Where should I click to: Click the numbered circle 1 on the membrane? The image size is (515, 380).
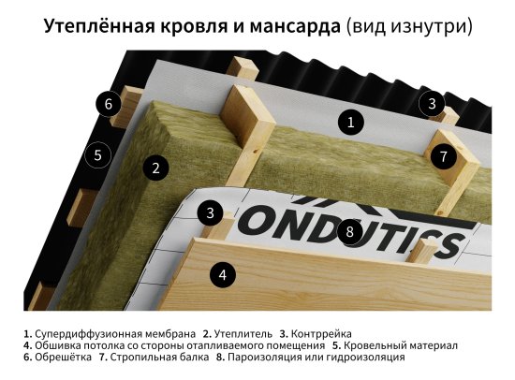tap(349, 121)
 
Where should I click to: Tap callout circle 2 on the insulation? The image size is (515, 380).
tap(156, 168)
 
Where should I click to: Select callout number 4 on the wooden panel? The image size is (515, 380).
tap(222, 275)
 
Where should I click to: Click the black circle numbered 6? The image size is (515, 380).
tap(109, 104)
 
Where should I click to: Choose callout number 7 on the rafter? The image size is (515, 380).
tap(444, 156)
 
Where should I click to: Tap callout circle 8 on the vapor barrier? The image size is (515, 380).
tap(349, 231)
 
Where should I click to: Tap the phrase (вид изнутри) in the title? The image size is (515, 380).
tap(409, 27)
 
